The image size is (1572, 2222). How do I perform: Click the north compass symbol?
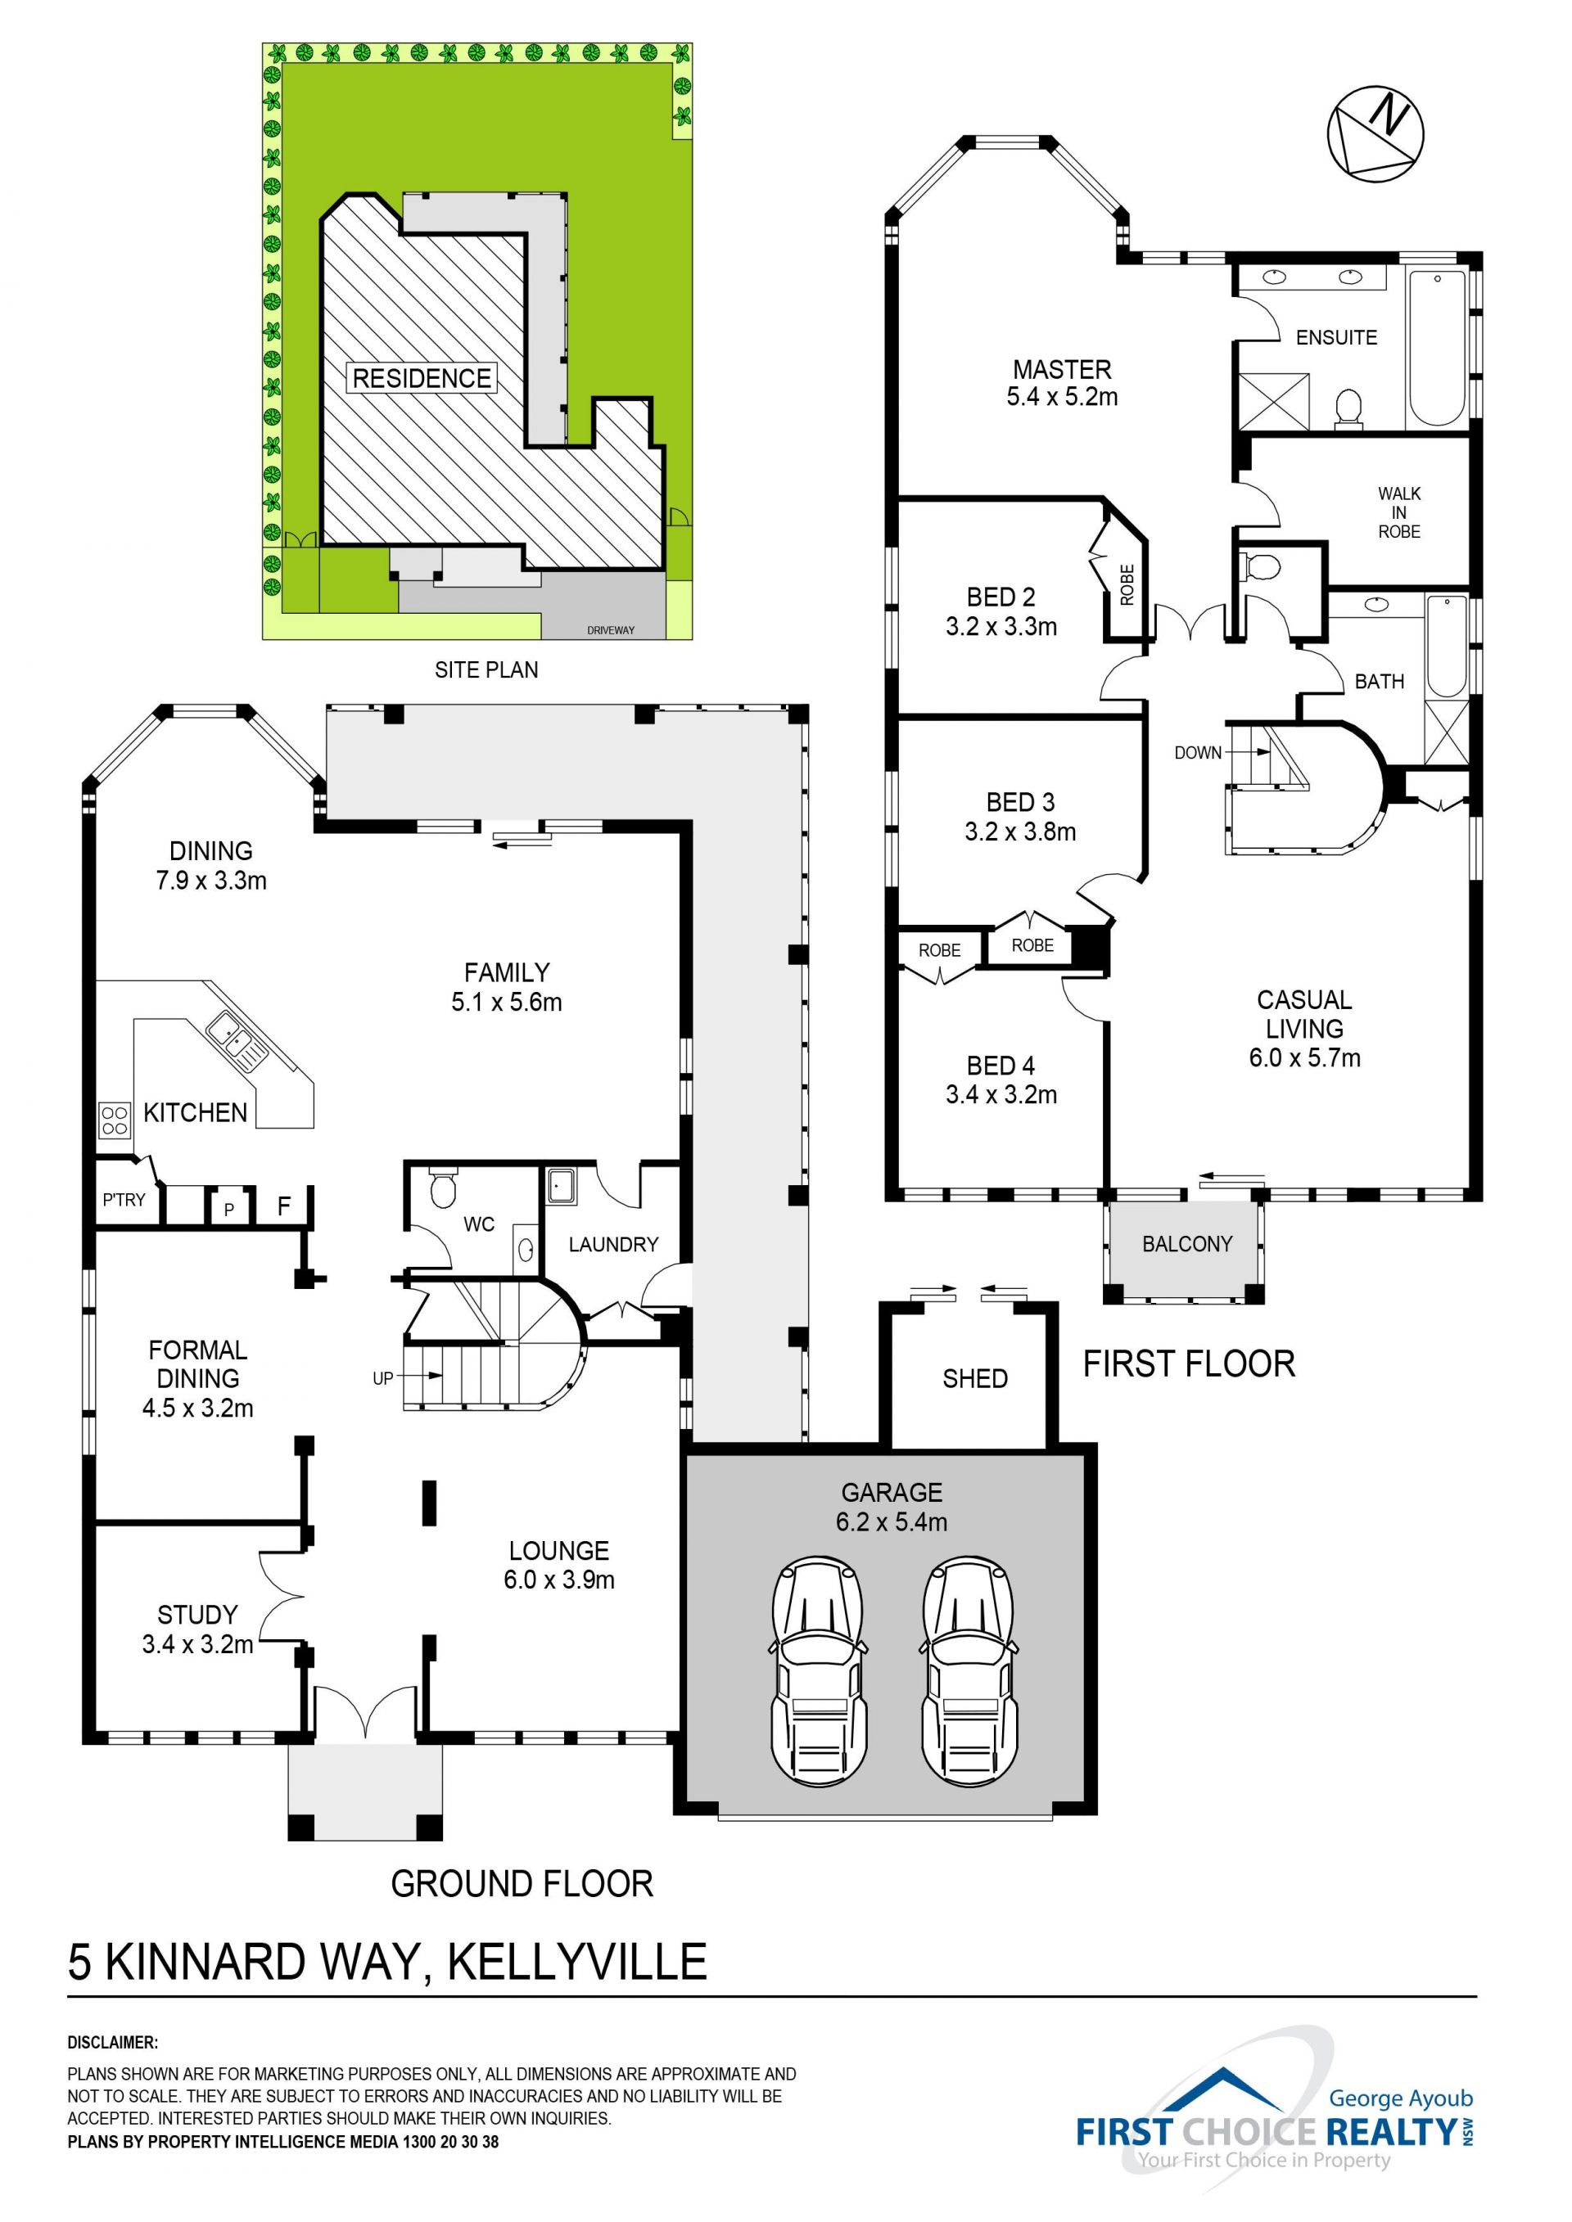pos(1375,133)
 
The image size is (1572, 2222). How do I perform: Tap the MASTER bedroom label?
pos(1062,370)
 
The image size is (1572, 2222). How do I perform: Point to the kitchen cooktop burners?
pos(115,1120)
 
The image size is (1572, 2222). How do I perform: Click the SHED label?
pos(975,1378)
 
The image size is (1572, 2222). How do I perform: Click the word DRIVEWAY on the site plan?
pos(611,630)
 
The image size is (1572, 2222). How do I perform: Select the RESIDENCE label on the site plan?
pos(421,377)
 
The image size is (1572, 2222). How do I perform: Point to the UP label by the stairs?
pos(382,1378)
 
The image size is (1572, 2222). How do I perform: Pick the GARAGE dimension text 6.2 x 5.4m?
pos(892,1521)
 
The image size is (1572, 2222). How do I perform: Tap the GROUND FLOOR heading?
pos(522,1883)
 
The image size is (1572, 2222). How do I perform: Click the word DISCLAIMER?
pos(112,2042)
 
